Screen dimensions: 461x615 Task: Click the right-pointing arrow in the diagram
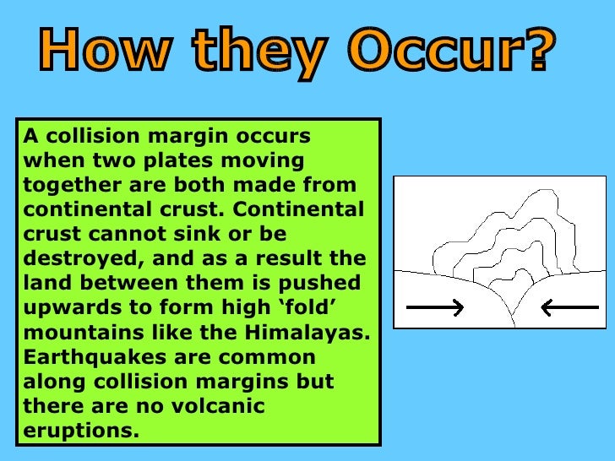(435, 307)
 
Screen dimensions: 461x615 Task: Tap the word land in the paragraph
(42, 283)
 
